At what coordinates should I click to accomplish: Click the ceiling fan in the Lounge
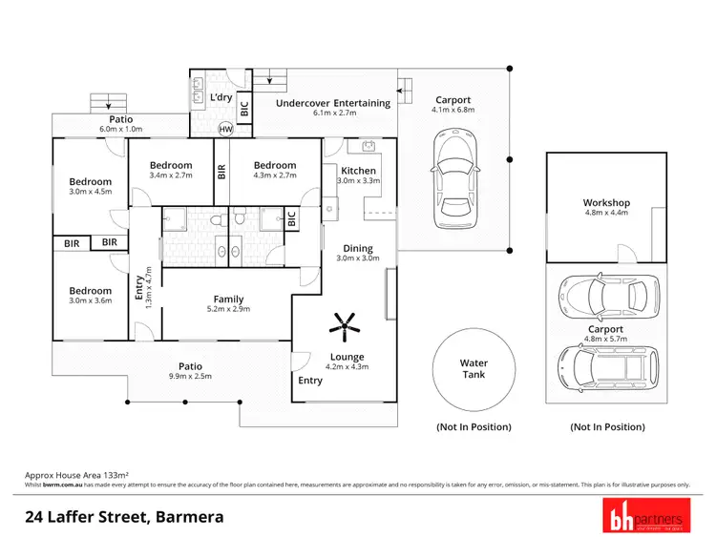pos(343,326)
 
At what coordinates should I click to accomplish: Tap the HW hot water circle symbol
pos(226,129)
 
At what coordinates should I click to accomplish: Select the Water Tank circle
pos(474,368)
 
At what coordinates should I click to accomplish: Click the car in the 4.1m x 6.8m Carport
pos(452,180)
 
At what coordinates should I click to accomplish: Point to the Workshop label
pos(606,203)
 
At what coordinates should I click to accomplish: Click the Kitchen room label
pos(359,171)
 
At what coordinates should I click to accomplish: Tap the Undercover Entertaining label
pos(332,103)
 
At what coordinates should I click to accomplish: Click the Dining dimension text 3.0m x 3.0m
pos(359,258)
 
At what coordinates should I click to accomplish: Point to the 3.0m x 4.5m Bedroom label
pos(90,181)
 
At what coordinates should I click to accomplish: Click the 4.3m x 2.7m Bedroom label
pos(275,165)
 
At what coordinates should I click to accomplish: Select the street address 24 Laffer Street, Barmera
pos(124,518)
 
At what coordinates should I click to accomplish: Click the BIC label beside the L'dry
pos(245,109)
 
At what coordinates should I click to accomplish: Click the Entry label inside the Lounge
pos(310,381)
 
